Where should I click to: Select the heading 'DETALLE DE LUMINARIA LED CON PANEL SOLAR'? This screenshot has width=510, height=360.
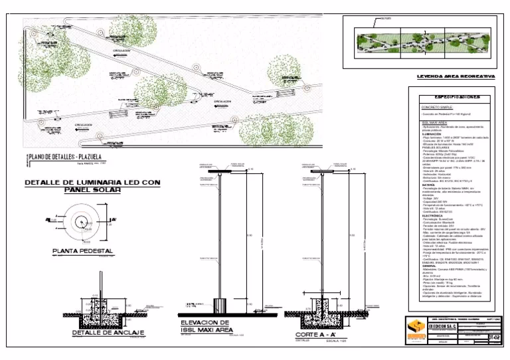pos(92,186)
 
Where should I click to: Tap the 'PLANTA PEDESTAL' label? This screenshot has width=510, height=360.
pos(83,252)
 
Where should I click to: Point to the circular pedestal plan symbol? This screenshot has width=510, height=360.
pos(79,223)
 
